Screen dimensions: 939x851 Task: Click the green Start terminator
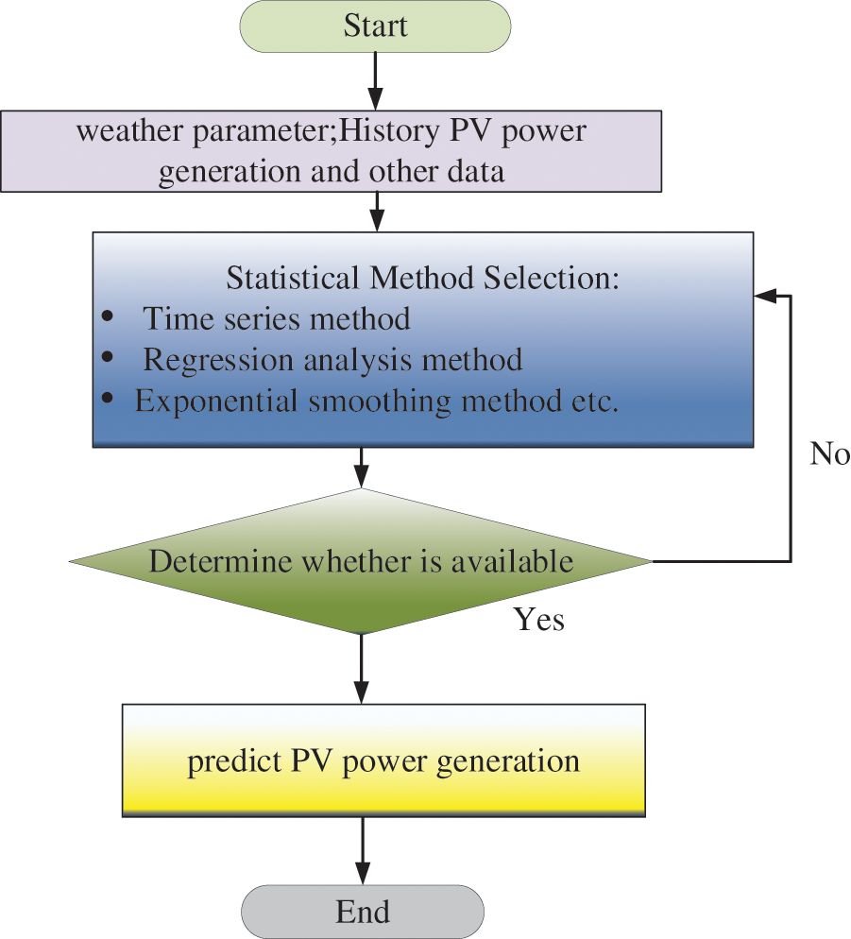click(x=375, y=26)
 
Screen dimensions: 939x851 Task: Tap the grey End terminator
click(x=363, y=912)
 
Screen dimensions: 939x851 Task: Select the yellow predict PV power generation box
click(x=383, y=760)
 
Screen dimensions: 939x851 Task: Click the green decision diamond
click(x=361, y=561)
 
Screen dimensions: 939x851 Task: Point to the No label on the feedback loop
click(x=829, y=454)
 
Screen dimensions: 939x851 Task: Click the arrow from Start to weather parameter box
click(x=375, y=81)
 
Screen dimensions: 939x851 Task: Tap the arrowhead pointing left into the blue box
click(x=764, y=296)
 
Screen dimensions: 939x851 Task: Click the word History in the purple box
click(x=389, y=130)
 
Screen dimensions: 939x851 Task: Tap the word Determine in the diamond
click(x=222, y=561)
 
